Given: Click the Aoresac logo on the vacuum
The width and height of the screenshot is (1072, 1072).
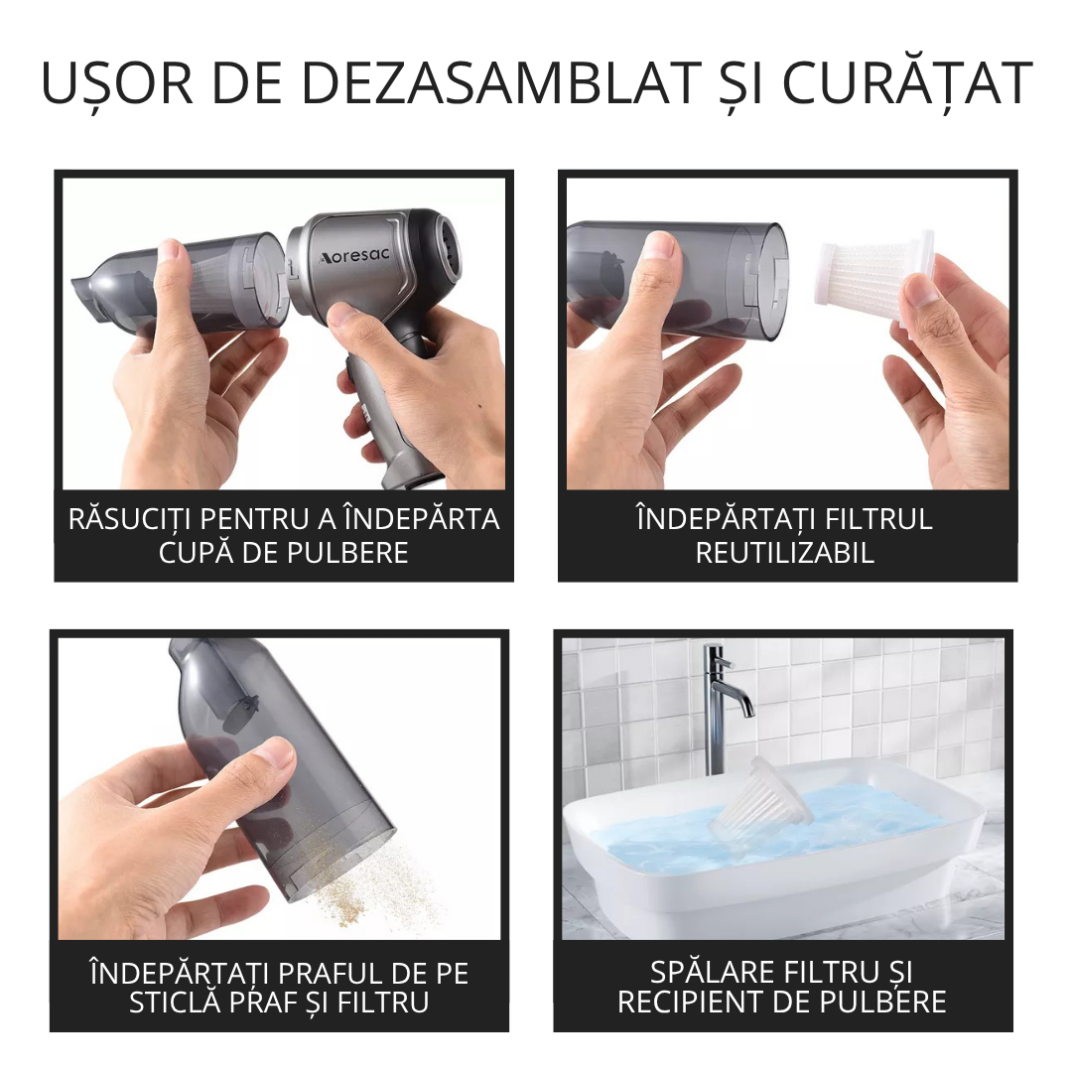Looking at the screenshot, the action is pyautogui.click(x=354, y=256).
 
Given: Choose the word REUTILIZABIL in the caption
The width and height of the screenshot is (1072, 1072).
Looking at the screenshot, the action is pyautogui.click(x=785, y=553).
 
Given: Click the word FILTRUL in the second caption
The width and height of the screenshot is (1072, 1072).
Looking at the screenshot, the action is pyautogui.click(x=878, y=519).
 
